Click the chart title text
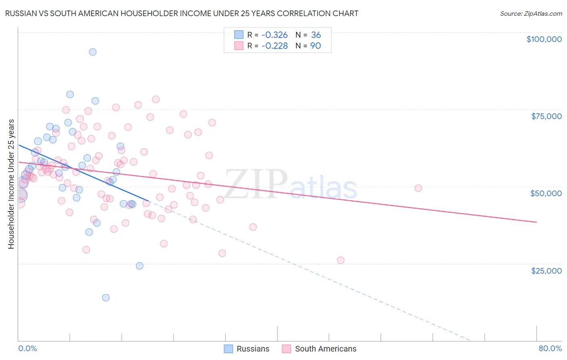point(181,13)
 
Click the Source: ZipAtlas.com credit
point(531,13)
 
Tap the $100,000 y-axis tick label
point(544,39)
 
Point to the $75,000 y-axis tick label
point(546,116)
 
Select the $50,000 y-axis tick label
point(546,193)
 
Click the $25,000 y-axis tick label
point(546,270)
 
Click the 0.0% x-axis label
point(27,348)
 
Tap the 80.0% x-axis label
point(550,348)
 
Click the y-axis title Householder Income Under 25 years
point(11,184)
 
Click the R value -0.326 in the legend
point(274,35)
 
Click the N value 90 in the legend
point(315,46)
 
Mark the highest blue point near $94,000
point(93,52)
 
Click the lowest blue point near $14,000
point(106,297)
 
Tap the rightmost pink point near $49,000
point(418,188)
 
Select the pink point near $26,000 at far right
point(341,260)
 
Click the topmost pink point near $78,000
point(156,99)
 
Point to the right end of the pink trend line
point(536,222)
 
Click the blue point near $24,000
point(140,266)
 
